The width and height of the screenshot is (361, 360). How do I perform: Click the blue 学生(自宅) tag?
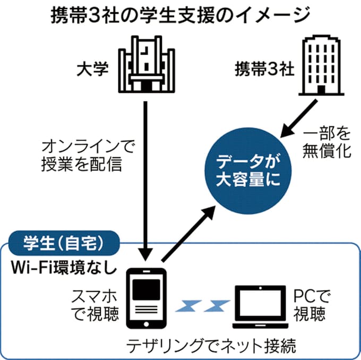tap(62, 245)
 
